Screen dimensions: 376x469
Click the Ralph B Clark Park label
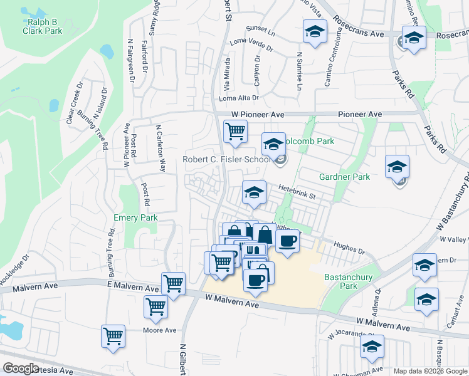tap(41, 26)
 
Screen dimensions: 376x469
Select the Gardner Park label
tap(344, 177)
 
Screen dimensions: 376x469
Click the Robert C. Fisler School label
tap(226, 159)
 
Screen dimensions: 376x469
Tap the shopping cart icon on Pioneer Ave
tap(235, 132)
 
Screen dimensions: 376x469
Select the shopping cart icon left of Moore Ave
tap(113, 336)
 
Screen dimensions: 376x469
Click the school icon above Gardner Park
tap(397, 167)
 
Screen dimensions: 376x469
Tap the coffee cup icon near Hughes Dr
tap(287, 241)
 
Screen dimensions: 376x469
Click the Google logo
tap(21, 368)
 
